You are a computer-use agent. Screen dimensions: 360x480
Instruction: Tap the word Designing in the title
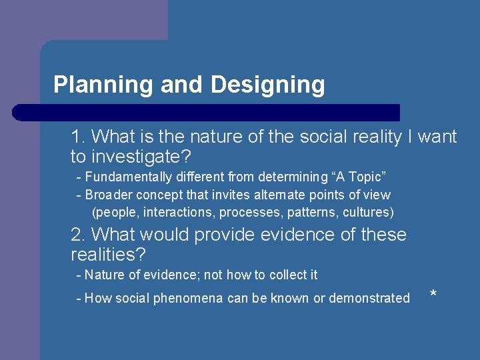268,85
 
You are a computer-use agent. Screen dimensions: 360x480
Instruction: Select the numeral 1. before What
78,137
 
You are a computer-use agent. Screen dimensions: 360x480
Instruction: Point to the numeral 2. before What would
78,235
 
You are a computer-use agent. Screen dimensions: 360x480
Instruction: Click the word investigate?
140,157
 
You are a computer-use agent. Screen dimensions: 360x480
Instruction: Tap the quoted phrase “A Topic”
356,177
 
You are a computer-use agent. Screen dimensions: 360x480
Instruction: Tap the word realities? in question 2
108,255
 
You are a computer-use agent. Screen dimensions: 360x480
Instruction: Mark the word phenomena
189,298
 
